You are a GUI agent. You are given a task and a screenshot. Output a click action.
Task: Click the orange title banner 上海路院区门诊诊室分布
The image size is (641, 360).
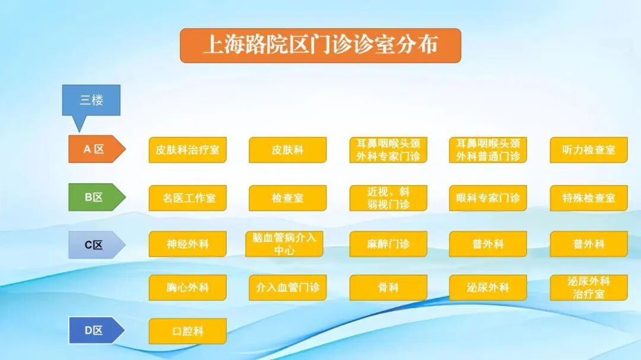click(x=320, y=46)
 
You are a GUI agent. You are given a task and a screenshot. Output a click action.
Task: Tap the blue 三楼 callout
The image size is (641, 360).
click(x=91, y=100)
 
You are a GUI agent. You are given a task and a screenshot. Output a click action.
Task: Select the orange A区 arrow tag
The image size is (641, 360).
click(x=95, y=149)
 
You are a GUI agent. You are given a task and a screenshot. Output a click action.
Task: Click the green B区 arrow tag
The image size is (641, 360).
click(x=95, y=197)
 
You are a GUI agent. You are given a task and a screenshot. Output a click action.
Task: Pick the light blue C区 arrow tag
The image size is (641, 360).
click(x=95, y=244)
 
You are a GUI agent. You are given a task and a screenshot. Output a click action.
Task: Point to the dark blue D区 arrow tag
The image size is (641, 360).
click(x=95, y=330)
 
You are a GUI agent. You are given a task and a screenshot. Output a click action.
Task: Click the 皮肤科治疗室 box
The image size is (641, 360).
click(x=188, y=150)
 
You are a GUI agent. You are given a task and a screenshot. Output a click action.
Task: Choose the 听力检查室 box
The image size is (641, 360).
click(x=589, y=150)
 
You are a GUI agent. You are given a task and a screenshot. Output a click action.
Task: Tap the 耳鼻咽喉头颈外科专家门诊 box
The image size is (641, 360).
click(x=388, y=150)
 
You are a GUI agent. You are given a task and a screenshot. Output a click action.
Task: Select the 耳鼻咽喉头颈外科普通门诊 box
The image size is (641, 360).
click(x=488, y=150)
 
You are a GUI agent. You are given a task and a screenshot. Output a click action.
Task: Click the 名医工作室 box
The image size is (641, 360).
click(x=188, y=198)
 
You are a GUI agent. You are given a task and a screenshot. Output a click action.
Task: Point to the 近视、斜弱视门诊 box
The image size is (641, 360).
click(x=388, y=198)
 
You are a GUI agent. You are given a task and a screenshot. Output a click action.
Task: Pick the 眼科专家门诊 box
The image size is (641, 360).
click(x=488, y=198)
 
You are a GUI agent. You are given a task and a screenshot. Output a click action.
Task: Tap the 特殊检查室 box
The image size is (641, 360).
click(x=589, y=198)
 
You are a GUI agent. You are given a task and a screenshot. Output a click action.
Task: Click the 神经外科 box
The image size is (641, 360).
click(x=188, y=244)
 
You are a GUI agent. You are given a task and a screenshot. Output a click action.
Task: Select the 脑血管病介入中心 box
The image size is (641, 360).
click(x=284, y=244)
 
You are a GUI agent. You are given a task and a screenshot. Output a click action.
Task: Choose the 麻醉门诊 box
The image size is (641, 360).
click(x=388, y=244)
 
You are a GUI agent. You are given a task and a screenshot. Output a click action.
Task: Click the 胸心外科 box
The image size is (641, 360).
click(x=188, y=288)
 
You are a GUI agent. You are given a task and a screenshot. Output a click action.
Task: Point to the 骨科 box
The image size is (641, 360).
click(x=388, y=288)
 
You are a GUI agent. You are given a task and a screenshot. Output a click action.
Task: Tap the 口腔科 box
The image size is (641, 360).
click(x=188, y=331)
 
